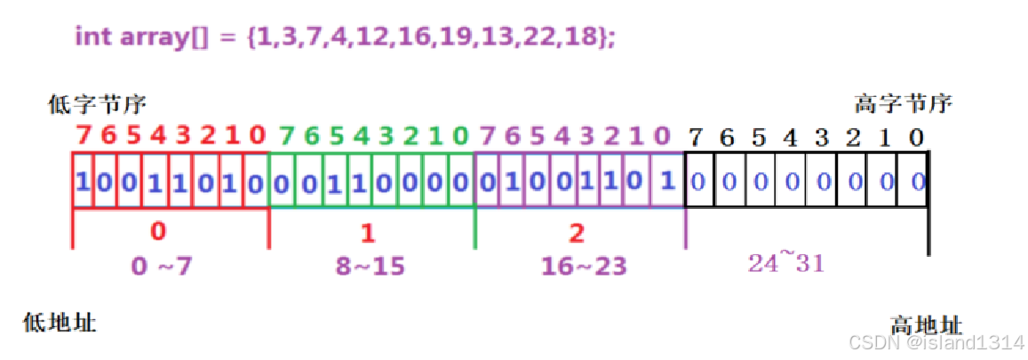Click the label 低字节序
pyautogui.click(x=96, y=105)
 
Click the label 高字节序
pyautogui.click(x=903, y=103)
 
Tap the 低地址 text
pyautogui.click(x=60, y=322)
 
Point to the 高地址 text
pyautogui.click(x=926, y=324)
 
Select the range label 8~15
pyautogui.click(x=372, y=265)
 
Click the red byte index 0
pyautogui.click(x=158, y=232)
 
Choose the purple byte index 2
pyautogui.click(x=577, y=233)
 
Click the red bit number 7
pyautogui.click(x=84, y=136)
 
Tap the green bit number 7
pyautogui.click(x=286, y=136)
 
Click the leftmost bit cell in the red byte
pyautogui.click(x=83, y=181)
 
